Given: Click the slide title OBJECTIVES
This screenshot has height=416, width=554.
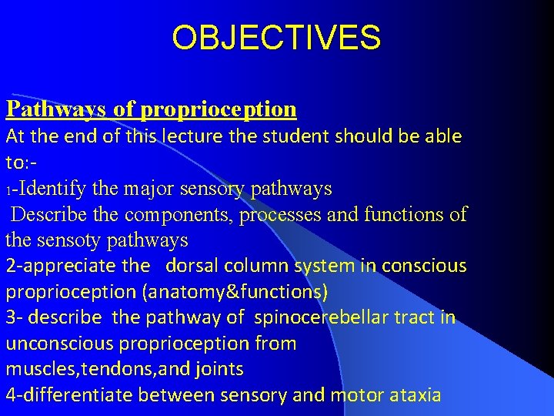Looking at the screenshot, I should pos(276,37).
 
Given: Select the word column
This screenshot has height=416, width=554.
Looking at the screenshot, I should pos(259,267).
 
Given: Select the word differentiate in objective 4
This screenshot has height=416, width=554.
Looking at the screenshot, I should pos(78,396).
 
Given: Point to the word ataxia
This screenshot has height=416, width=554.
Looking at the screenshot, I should pos(415,396).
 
